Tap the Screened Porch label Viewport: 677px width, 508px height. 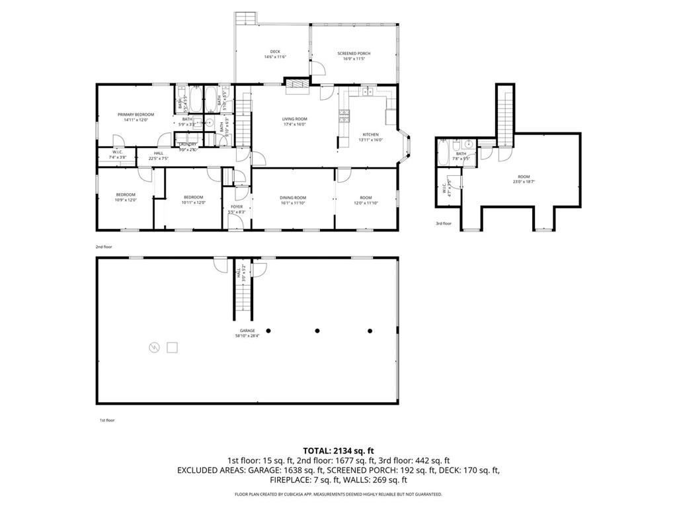point(354,55)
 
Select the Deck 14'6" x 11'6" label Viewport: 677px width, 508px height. point(275,54)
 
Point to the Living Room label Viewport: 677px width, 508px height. point(295,121)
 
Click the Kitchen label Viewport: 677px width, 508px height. point(369,136)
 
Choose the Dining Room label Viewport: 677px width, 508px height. point(293,200)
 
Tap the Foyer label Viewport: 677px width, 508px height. point(236,209)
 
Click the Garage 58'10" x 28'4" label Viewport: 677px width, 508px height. point(248,333)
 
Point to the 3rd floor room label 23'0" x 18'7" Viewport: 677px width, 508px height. point(524,179)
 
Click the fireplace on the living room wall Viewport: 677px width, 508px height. point(297,82)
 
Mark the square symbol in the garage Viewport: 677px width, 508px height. point(173,346)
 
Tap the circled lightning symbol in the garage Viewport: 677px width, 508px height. point(154,347)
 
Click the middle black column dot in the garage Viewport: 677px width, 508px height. point(317,330)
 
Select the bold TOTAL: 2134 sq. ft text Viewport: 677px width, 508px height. point(338,450)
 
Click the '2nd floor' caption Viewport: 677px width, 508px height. point(104,247)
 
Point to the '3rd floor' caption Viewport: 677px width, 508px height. point(443,224)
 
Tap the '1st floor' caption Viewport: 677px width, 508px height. point(106,420)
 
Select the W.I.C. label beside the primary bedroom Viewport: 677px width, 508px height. point(117,154)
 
